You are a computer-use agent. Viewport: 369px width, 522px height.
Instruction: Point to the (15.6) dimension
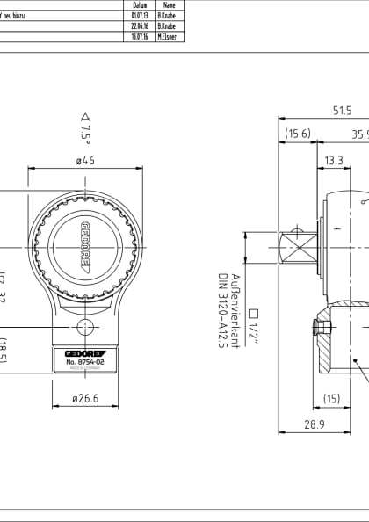tap(298, 134)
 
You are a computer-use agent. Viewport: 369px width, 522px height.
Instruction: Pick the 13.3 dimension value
tap(334, 161)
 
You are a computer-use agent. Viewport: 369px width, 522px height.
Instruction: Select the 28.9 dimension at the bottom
tap(315, 424)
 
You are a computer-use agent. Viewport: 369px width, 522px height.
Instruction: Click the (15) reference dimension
tap(331, 398)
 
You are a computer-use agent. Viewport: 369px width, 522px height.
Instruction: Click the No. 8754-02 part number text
tap(85, 360)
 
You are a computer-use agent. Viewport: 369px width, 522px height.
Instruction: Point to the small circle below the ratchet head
tap(85, 327)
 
